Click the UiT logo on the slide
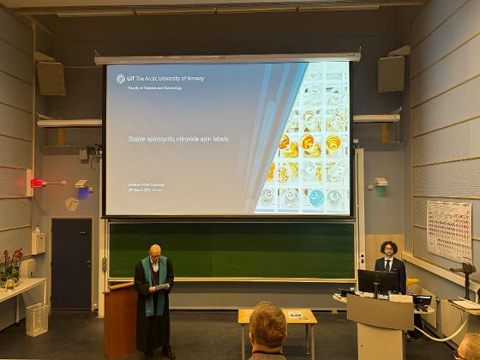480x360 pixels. pos(121,79)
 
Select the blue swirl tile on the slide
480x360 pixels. pos(316,197)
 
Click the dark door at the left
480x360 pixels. pos(70,263)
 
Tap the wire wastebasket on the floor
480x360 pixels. pos(37,319)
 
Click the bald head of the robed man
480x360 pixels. pos(155,250)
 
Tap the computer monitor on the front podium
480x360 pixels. pos(377,281)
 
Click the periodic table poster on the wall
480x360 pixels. pos(449,230)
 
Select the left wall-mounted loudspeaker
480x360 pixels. pos(51,79)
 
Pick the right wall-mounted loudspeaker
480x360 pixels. pos(391,74)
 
